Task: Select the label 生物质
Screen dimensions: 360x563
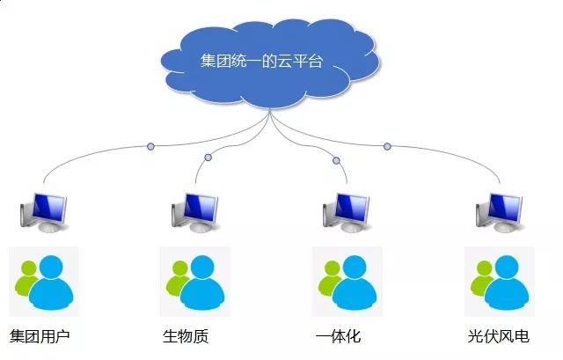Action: point(186,336)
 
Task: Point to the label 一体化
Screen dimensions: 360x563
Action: point(339,336)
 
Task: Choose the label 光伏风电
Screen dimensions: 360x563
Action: point(499,336)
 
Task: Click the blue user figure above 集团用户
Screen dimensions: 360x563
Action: point(54,283)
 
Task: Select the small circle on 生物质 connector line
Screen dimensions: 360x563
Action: point(208,158)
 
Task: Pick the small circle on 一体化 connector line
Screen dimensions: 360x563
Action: point(336,159)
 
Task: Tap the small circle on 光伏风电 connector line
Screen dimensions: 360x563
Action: point(387,145)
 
